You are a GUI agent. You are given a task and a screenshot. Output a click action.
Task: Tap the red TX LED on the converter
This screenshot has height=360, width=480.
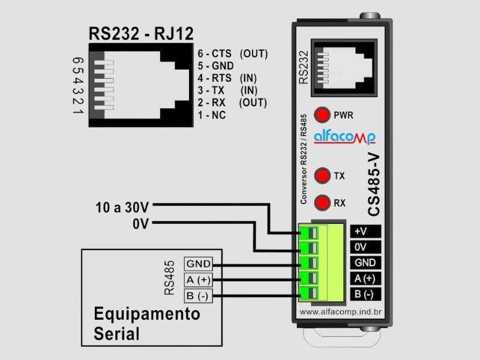(x=323, y=176)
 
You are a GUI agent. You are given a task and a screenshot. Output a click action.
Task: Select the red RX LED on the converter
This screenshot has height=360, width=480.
(x=323, y=203)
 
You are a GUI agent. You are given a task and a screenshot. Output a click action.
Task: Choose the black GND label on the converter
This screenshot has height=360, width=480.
(x=365, y=263)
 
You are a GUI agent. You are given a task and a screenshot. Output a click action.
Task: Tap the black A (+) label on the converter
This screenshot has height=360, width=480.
(x=365, y=278)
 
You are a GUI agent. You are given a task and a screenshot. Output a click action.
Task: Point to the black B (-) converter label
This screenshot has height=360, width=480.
(x=365, y=294)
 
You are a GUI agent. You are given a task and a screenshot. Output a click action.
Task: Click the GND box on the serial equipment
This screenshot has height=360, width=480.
(x=198, y=264)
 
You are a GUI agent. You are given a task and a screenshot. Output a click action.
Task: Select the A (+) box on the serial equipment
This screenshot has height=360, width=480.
(x=198, y=280)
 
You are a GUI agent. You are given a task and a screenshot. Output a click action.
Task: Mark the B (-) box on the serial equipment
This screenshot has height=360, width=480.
(x=198, y=295)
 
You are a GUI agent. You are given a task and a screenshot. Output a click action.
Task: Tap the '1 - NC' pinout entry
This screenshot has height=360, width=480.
(x=211, y=115)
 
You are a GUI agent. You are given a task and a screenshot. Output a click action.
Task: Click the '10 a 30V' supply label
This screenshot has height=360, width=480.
(x=122, y=208)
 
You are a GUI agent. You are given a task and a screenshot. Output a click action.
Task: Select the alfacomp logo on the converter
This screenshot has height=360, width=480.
(x=345, y=137)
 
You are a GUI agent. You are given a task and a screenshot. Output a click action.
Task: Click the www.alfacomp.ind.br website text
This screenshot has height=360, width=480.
(x=340, y=312)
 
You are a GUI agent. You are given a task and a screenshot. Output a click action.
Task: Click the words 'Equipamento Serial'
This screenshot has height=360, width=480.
(x=146, y=323)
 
